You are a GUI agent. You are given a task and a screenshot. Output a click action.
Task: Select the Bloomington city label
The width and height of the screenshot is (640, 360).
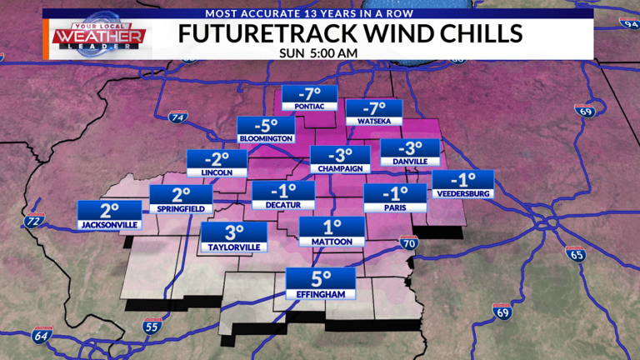266,138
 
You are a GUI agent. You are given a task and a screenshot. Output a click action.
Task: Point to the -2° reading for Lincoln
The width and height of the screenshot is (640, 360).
216,157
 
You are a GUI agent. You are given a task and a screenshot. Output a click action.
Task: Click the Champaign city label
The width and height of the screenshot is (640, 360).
339,168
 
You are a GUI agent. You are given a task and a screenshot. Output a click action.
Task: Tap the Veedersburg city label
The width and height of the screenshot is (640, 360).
462,194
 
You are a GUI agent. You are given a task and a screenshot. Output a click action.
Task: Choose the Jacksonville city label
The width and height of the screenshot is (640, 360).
108,225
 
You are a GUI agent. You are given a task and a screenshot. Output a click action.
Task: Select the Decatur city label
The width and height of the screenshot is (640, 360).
283,205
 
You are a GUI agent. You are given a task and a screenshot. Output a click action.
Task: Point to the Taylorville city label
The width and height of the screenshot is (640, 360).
233,247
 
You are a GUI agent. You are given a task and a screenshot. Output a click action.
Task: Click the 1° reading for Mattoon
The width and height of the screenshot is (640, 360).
332,227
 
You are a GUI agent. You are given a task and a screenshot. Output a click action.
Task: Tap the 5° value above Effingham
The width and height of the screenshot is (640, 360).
321,278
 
